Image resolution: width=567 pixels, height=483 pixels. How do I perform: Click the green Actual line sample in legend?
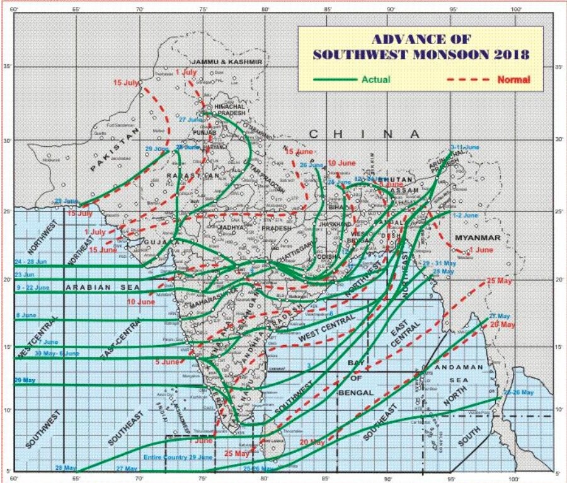click(x=335, y=79)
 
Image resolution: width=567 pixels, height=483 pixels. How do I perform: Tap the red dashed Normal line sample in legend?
click(x=468, y=79)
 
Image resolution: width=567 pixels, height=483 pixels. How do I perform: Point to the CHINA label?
click(x=365, y=134)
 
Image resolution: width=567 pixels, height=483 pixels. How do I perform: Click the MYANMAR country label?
click(x=477, y=237)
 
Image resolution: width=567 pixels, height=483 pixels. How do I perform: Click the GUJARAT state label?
click(x=157, y=242)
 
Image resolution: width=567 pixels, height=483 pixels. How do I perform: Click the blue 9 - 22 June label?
click(x=33, y=287)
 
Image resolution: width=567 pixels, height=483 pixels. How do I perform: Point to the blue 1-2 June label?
click(x=465, y=215)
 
